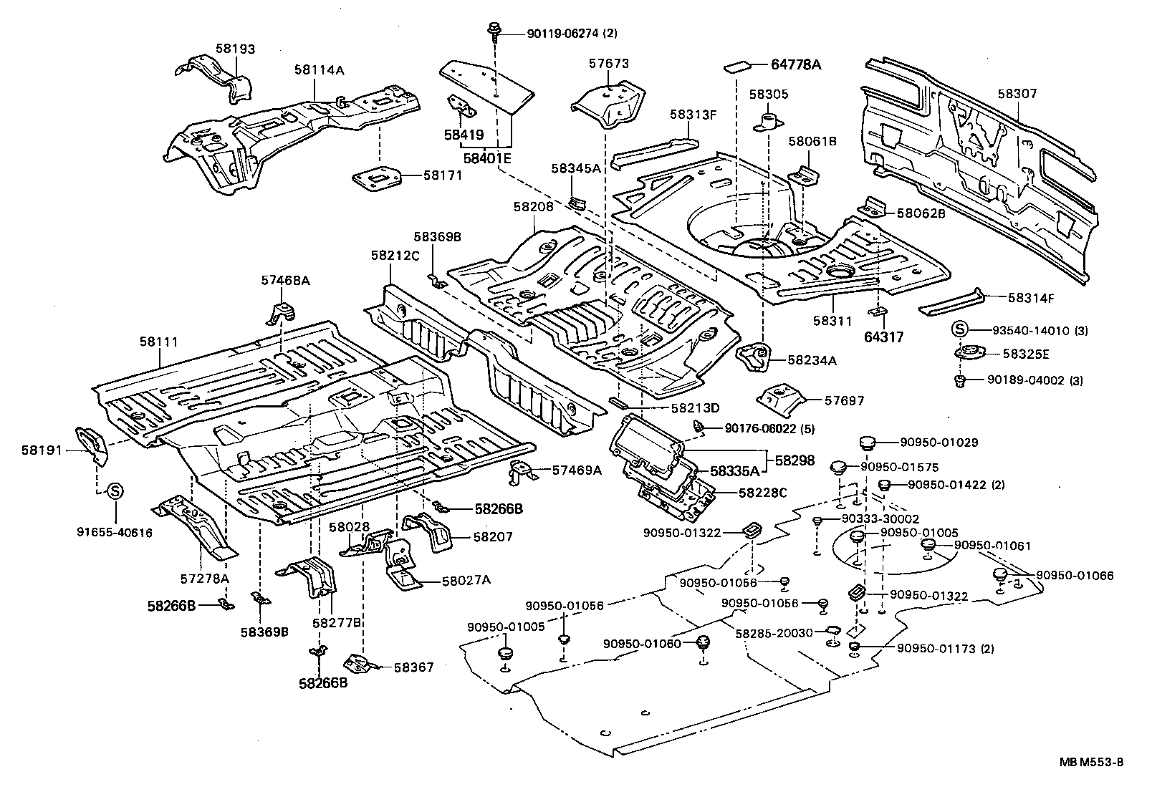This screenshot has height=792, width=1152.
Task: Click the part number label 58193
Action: [x=235, y=49]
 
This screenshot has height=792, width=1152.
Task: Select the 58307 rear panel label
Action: [x=1017, y=94]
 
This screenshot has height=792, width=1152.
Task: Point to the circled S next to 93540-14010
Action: [x=960, y=330]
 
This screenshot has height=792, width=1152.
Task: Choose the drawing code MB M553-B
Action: [x=1092, y=762]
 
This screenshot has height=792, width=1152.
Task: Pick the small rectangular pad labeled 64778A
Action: [x=737, y=67]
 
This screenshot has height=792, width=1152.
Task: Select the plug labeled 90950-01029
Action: [x=867, y=443]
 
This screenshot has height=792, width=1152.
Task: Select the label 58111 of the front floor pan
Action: [x=158, y=342]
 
